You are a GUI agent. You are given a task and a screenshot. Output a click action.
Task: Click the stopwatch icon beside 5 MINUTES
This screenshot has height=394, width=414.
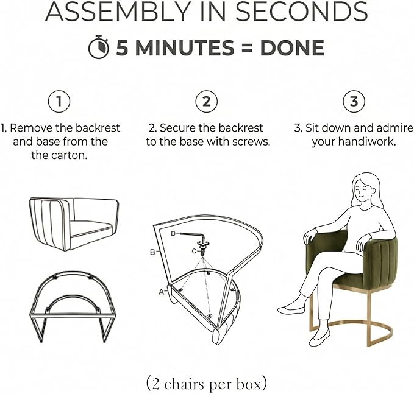[x=99, y=47]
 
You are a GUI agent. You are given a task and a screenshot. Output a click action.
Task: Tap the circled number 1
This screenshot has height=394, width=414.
[x=59, y=102]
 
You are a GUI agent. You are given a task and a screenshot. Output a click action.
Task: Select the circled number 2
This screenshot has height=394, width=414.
[x=207, y=102]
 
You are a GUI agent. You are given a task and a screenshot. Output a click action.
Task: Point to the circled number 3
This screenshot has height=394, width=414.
[x=354, y=102]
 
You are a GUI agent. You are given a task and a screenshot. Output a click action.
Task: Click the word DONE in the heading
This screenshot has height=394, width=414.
[x=292, y=47]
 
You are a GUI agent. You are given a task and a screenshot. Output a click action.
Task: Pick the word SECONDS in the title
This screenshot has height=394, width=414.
[x=302, y=12]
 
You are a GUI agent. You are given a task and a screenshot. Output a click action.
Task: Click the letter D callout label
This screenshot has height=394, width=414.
[x=173, y=233]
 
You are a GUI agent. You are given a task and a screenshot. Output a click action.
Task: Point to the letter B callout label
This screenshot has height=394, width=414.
[x=152, y=252]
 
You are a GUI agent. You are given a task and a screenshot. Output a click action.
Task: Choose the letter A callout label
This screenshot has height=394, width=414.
[x=162, y=292]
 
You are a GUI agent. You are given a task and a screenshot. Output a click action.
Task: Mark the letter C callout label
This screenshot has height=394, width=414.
[x=194, y=251]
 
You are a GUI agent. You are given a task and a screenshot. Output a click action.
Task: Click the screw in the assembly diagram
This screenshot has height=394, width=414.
[x=203, y=248]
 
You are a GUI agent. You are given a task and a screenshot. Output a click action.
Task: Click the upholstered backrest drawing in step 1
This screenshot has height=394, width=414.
[x=74, y=224]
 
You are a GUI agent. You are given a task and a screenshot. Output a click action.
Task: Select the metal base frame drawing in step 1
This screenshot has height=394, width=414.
[x=73, y=306]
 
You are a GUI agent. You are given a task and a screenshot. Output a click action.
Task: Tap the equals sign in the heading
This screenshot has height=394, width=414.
[x=247, y=48]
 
